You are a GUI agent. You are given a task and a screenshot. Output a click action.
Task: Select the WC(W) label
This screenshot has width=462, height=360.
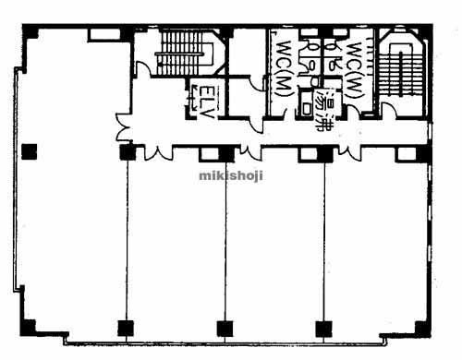click(354, 69)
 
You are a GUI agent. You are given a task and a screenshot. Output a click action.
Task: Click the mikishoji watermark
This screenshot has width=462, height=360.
click(231, 176)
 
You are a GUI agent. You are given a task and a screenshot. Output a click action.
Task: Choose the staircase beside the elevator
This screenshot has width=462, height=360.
click(182, 53)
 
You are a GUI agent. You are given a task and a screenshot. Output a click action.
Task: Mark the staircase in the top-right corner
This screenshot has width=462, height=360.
click(400, 70)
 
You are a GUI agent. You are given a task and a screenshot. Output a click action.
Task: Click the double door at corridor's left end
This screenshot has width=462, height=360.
click(123, 126)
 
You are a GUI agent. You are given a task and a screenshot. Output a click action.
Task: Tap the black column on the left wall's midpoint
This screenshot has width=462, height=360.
click(30, 151)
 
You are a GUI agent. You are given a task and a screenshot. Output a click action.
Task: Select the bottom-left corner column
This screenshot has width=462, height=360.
click(29, 328)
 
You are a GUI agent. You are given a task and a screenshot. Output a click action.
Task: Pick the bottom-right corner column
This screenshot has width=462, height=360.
click(422, 328)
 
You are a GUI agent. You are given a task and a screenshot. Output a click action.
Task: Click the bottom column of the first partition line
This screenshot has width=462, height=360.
click(126, 328)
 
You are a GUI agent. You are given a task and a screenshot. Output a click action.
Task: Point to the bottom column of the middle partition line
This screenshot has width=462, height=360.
click(225, 329)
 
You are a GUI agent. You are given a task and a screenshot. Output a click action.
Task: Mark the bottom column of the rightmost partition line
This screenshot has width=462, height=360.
click(324, 329)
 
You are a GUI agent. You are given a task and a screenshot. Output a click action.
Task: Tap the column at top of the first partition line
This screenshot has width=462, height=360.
click(128, 152)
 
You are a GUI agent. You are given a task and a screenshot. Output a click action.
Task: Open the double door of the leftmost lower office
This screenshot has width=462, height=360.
click(158, 153)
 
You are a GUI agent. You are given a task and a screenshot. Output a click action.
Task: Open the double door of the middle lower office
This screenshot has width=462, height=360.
click(250, 152)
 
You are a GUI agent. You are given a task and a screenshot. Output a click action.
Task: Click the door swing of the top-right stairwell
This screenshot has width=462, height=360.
click(389, 109)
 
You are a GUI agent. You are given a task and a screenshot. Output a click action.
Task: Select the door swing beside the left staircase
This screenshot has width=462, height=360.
click(143, 68)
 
